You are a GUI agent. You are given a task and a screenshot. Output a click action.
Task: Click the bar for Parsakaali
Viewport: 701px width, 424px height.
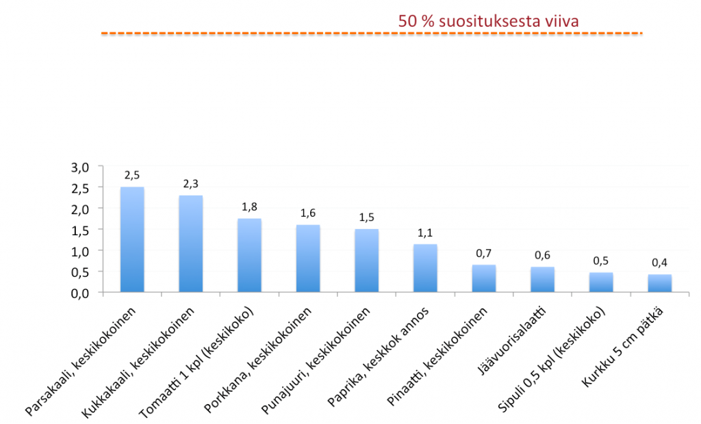[x=132, y=239]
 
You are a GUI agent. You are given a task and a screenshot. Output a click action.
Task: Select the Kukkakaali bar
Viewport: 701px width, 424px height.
[x=191, y=244]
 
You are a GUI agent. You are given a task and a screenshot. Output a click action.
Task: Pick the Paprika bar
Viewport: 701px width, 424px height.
[x=425, y=268]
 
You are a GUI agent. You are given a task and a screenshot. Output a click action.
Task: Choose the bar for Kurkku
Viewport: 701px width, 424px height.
[x=659, y=283]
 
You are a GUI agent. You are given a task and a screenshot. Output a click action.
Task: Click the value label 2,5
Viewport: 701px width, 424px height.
[x=132, y=175]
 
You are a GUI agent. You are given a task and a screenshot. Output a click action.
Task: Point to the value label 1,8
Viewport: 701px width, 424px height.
[x=249, y=207]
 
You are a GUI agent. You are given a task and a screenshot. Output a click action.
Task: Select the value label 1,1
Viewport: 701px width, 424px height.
[x=425, y=232]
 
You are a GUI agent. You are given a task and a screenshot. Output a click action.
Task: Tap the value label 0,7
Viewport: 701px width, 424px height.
[x=483, y=254]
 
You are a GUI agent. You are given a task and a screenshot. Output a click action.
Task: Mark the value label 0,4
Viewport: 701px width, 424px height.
[x=659, y=263]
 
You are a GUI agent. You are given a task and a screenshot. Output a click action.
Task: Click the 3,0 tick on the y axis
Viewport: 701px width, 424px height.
[x=81, y=167]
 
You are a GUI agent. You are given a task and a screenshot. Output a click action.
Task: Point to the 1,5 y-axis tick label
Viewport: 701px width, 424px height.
[x=81, y=230]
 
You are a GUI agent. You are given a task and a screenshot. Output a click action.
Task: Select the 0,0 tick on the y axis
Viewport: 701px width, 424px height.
[x=81, y=293]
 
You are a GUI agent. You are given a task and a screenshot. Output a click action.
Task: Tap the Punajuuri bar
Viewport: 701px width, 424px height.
[x=366, y=261]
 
